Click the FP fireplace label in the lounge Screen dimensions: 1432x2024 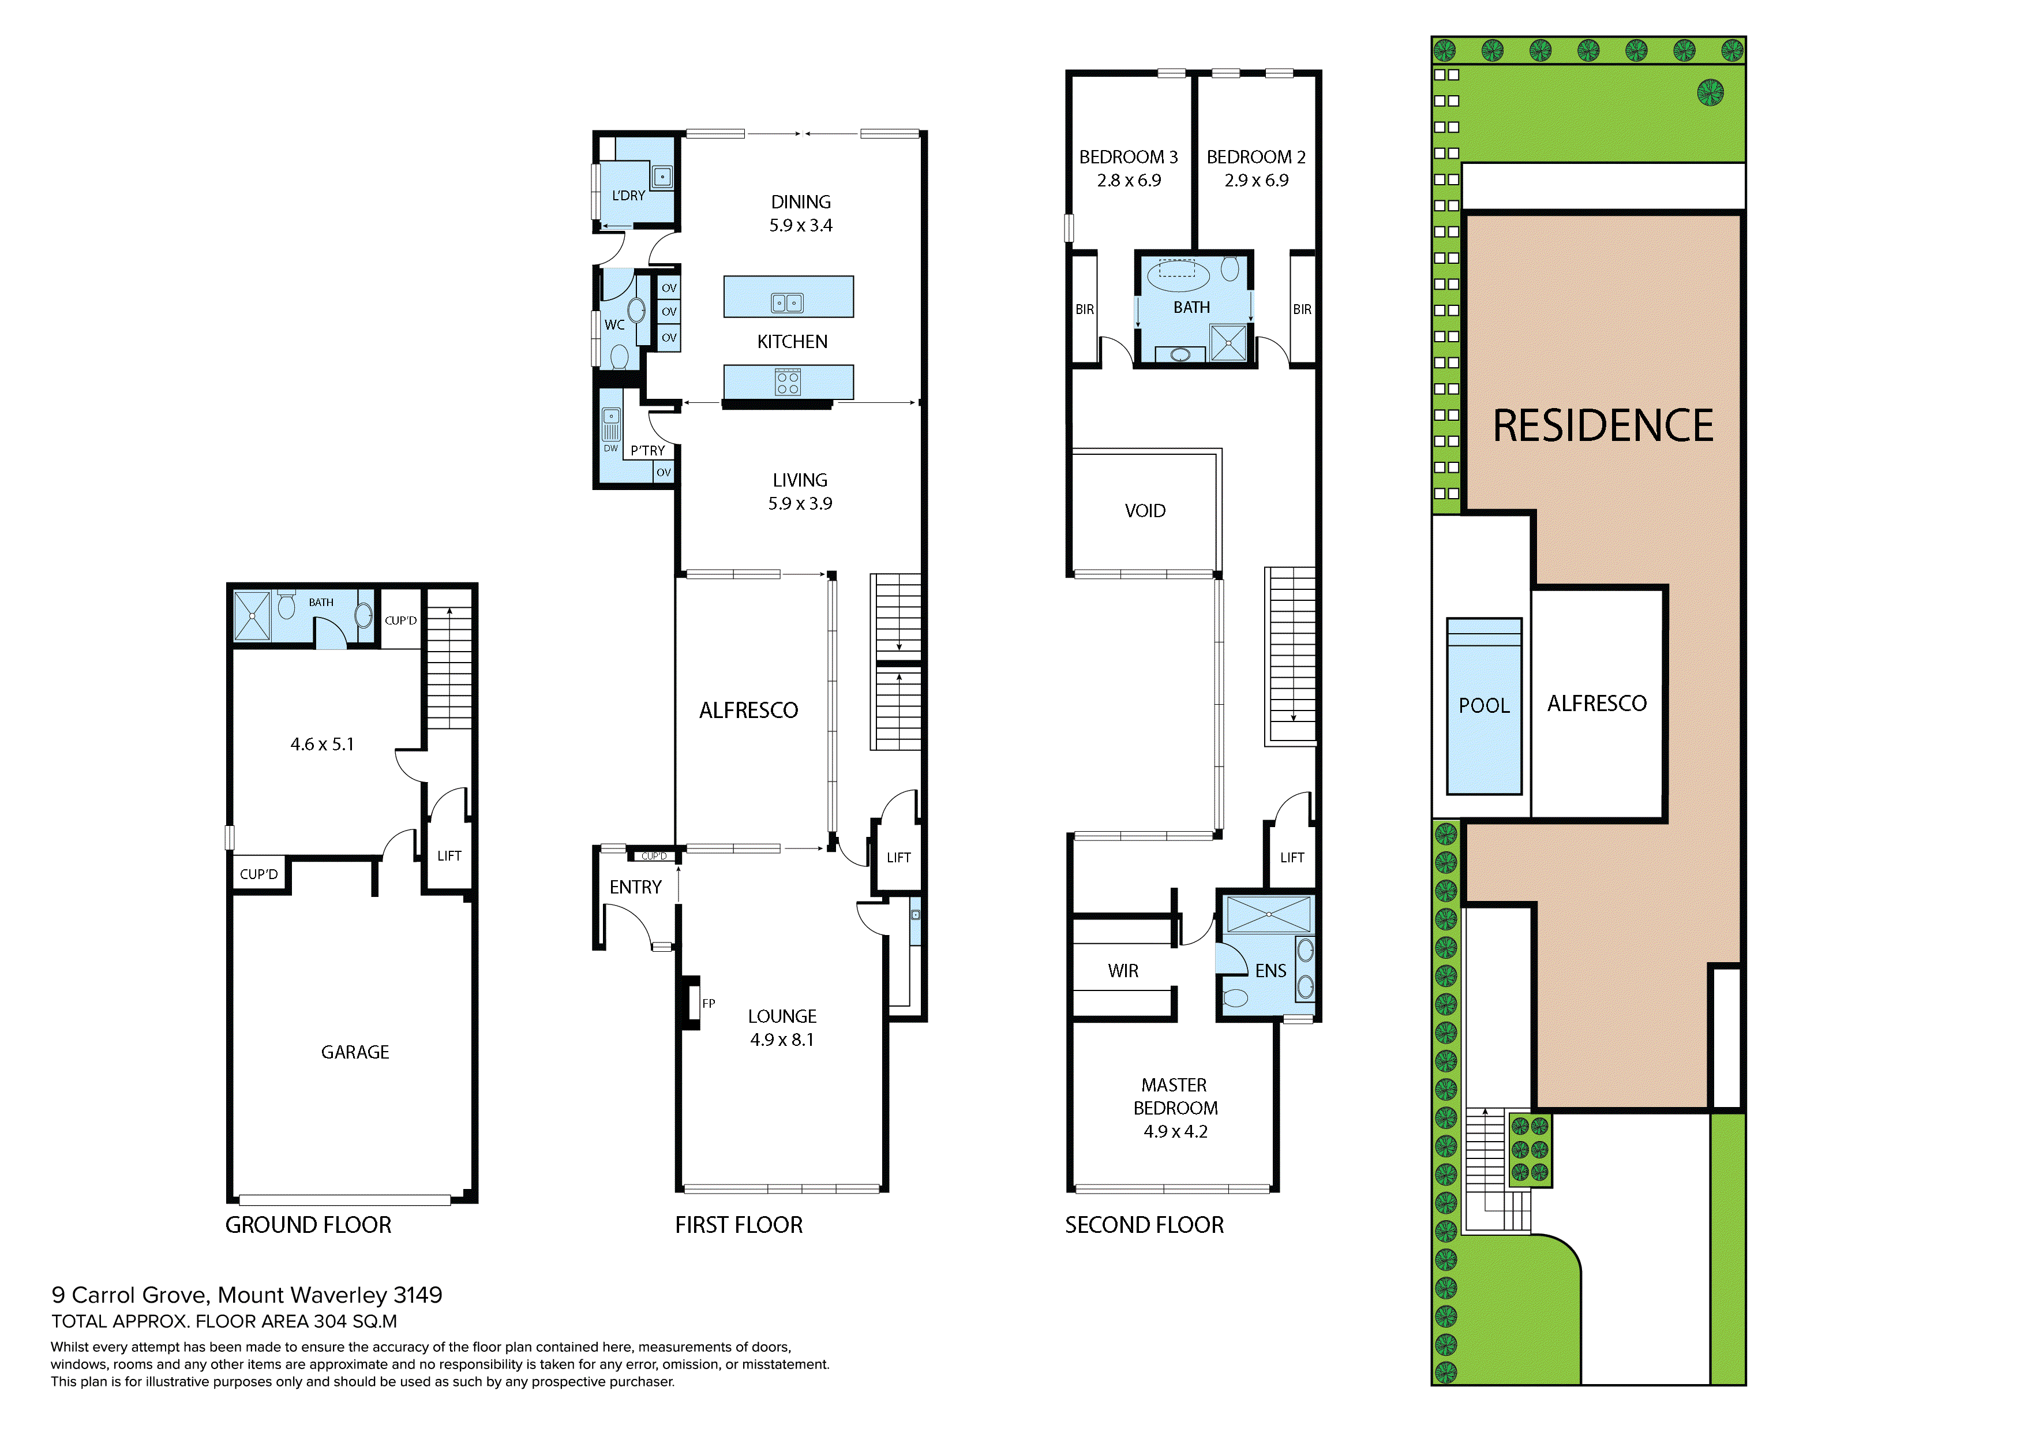pyautogui.click(x=709, y=1004)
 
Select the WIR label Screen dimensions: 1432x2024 pyautogui.click(x=1123, y=971)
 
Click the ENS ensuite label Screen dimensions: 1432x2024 pyautogui.click(x=1270, y=971)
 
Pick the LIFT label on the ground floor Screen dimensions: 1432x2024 pyautogui.click(x=449, y=855)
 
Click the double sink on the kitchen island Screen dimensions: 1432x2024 pyautogui.click(x=787, y=302)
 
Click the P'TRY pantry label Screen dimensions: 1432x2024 pyautogui.click(x=648, y=451)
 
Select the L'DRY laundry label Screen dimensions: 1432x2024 pyautogui.click(x=628, y=196)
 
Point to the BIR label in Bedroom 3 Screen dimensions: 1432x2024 pyautogui.click(x=1084, y=309)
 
